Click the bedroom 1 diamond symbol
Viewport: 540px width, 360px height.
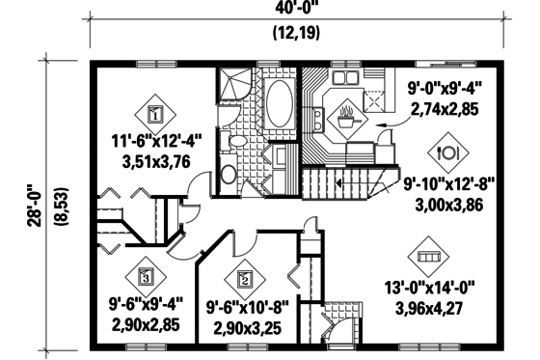[154, 112]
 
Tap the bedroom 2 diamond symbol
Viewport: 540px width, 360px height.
[244, 280]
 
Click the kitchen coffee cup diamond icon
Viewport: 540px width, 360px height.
[345, 121]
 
